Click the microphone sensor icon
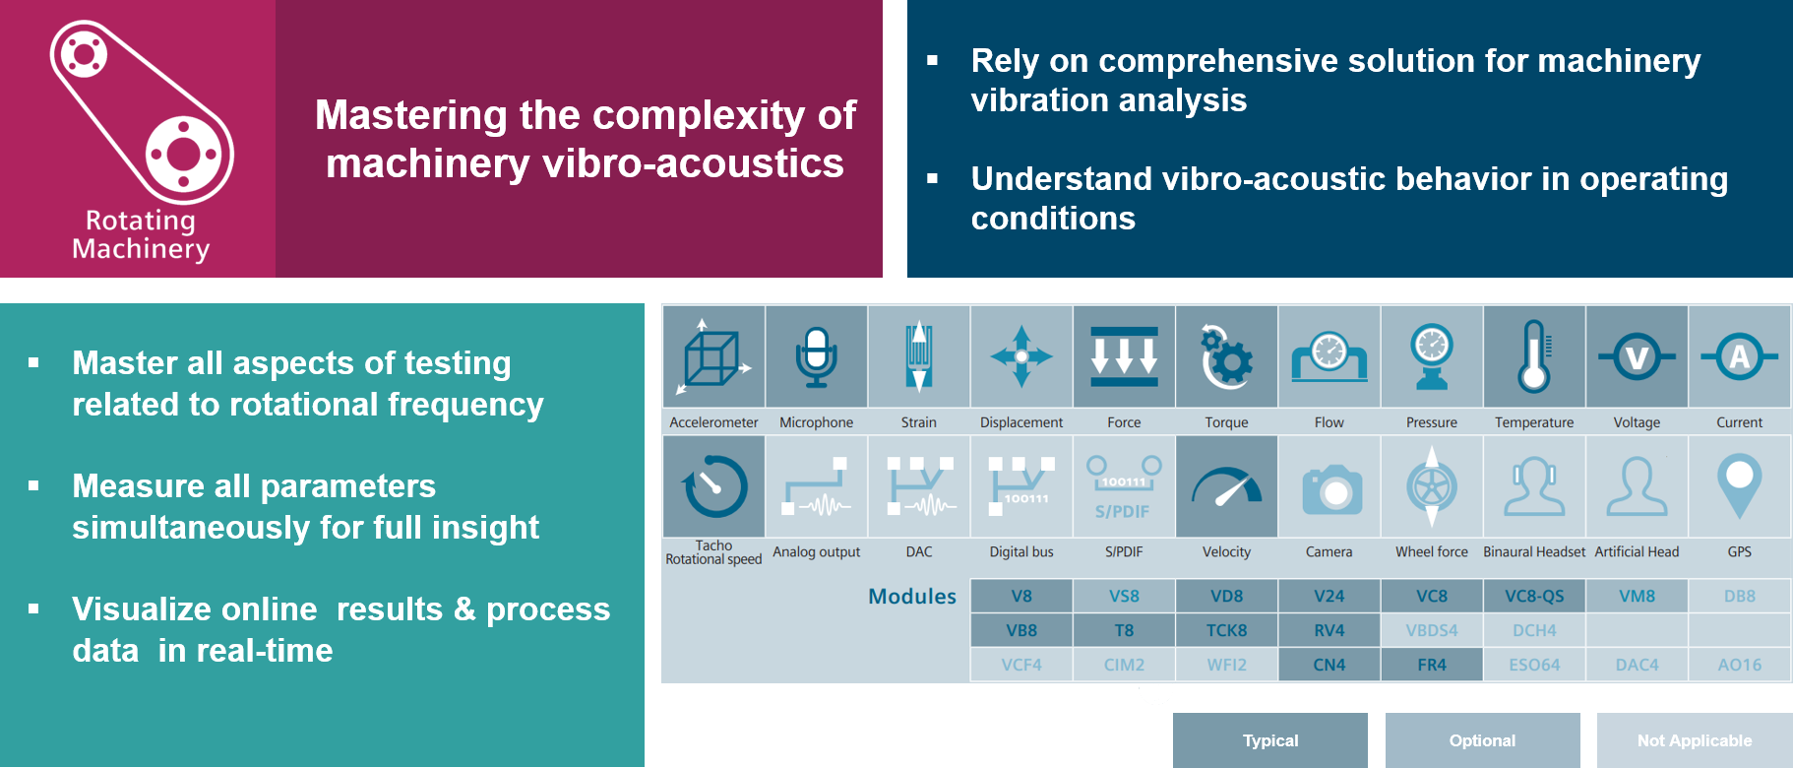pos(816,356)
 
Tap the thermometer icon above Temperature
pos(1534,356)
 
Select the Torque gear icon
pos(1226,356)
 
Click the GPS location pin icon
pos(1739,484)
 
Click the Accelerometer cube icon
pos(713,356)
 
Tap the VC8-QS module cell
pos(1534,596)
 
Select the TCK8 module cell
pos(1226,630)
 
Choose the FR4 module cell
pos(1432,665)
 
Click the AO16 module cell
pos(1739,665)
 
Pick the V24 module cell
pos(1329,596)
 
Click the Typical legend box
pos(1270,740)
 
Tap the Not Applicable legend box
pos(1694,740)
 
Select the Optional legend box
pos(1482,740)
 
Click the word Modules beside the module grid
pos(912,596)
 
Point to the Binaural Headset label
pos(1534,551)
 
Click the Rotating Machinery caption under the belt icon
pos(141,234)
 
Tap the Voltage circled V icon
pos(1637,356)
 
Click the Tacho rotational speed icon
pos(714,486)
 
